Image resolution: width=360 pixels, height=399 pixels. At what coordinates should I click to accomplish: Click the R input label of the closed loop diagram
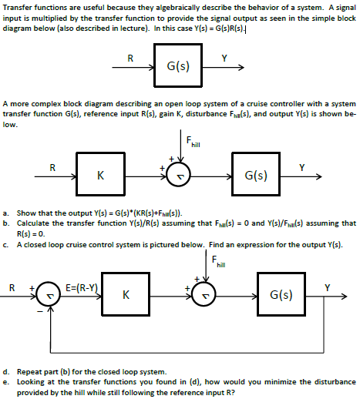12,288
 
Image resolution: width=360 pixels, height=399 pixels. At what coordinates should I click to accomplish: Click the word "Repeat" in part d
30,370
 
